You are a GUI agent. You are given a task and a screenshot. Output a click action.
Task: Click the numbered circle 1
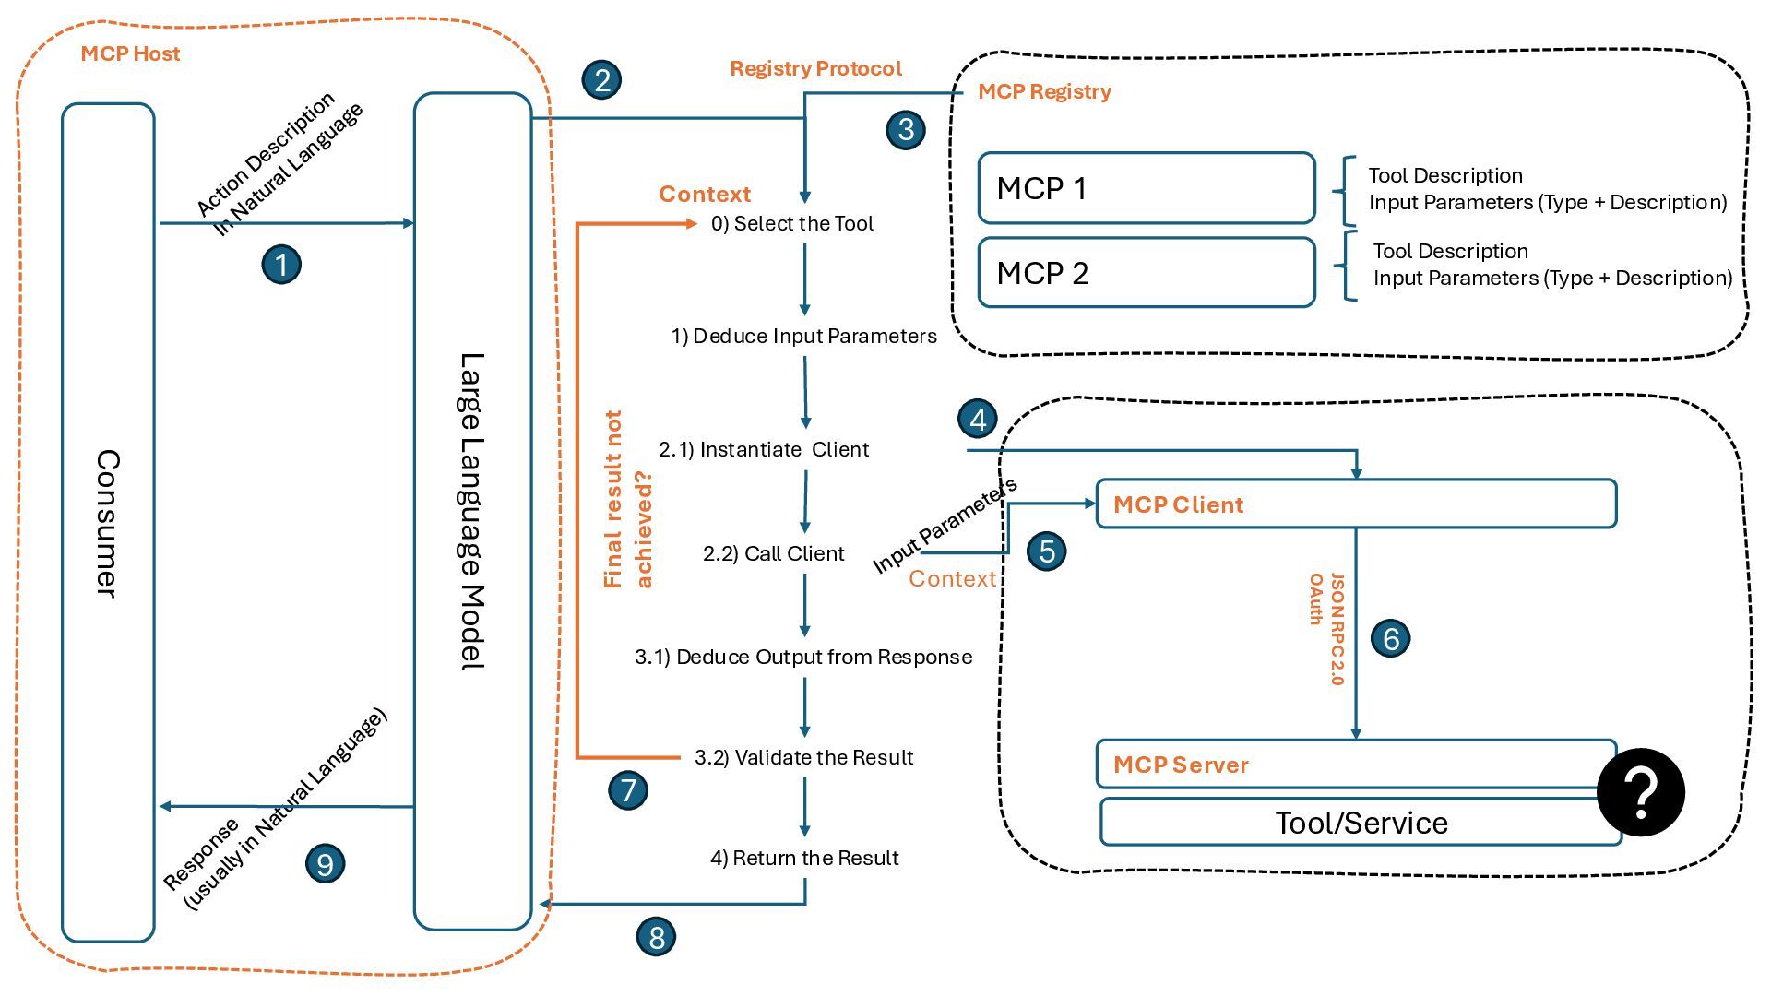[x=281, y=265]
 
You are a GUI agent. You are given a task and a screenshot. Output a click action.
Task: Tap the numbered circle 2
[x=601, y=79]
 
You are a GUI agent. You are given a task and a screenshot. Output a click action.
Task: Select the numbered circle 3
[x=906, y=129]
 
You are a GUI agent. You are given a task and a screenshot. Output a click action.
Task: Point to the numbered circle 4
[x=978, y=419]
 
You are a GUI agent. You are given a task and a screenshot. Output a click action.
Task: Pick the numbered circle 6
[x=1391, y=638]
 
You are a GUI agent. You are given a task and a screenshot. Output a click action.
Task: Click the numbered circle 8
[x=657, y=937]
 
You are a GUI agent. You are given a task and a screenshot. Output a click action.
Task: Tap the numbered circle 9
[x=325, y=864]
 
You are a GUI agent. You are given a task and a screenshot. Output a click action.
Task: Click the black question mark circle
[x=1641, y=792]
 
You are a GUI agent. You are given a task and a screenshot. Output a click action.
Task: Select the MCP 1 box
[x=1147, y=188]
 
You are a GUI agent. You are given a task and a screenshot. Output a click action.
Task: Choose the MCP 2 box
[x=1147, y=273]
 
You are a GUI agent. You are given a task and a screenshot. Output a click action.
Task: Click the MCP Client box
[x=1356, y=504]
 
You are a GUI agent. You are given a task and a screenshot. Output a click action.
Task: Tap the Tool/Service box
[x=1361, y=823]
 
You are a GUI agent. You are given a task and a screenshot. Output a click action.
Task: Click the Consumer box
[x=108, y=523]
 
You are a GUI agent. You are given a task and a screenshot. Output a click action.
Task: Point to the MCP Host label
[x=130, y=53]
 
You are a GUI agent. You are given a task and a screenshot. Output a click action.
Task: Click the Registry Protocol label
[x=815, y=68]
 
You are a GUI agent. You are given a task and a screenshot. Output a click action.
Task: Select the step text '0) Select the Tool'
[x=792, y=223]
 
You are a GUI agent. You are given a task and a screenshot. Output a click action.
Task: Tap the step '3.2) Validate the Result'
[x=803, y=757]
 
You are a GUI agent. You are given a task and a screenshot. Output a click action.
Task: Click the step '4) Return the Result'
[x=804, y=858]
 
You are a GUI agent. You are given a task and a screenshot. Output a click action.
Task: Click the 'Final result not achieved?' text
[x=627, y=499]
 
